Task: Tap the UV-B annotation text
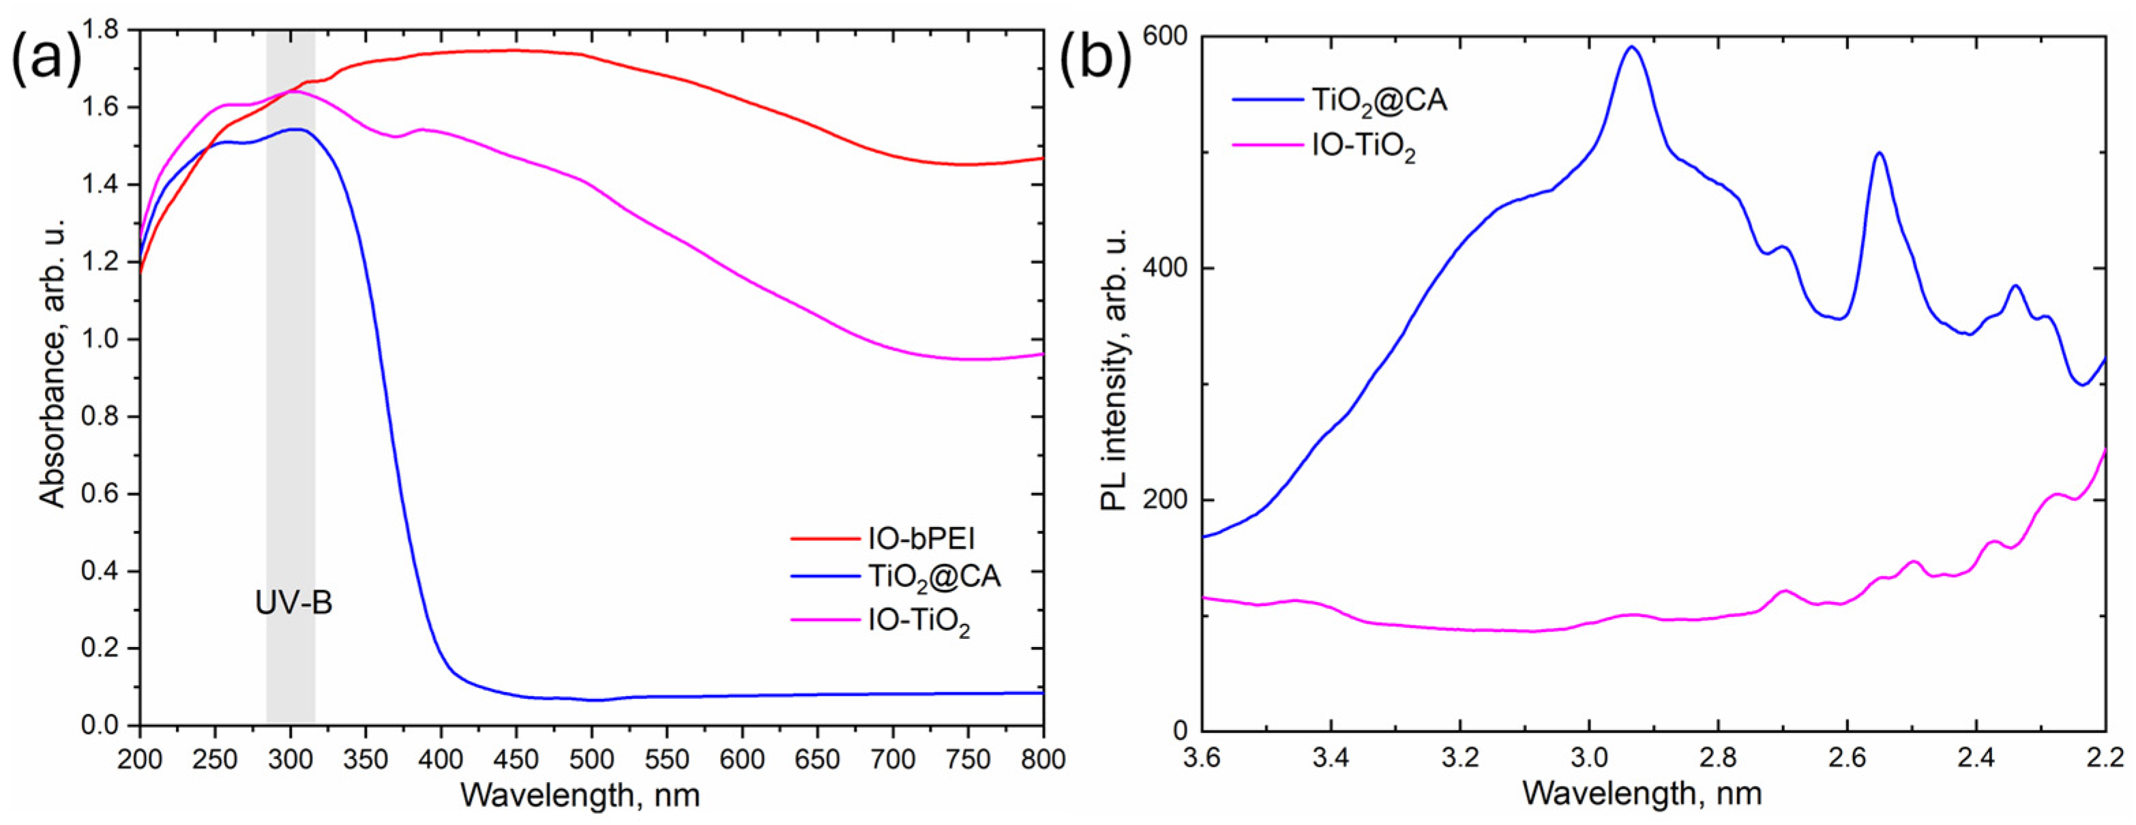293,603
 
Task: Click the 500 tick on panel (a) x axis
591,759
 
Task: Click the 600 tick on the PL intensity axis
1164,37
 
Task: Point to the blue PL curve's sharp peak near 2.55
1879,153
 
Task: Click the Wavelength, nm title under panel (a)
580,796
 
